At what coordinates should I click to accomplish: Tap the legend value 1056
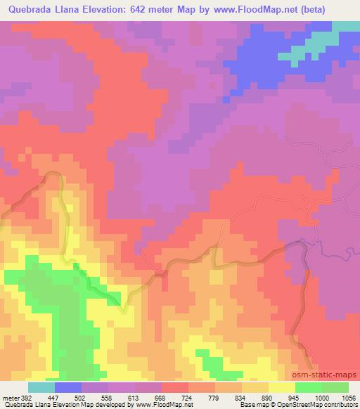pos(349,396)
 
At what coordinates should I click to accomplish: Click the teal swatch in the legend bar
pos(41,387)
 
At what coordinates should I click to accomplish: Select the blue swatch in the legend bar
pos(68,387)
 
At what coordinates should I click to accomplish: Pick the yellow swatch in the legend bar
pos(282,387)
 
